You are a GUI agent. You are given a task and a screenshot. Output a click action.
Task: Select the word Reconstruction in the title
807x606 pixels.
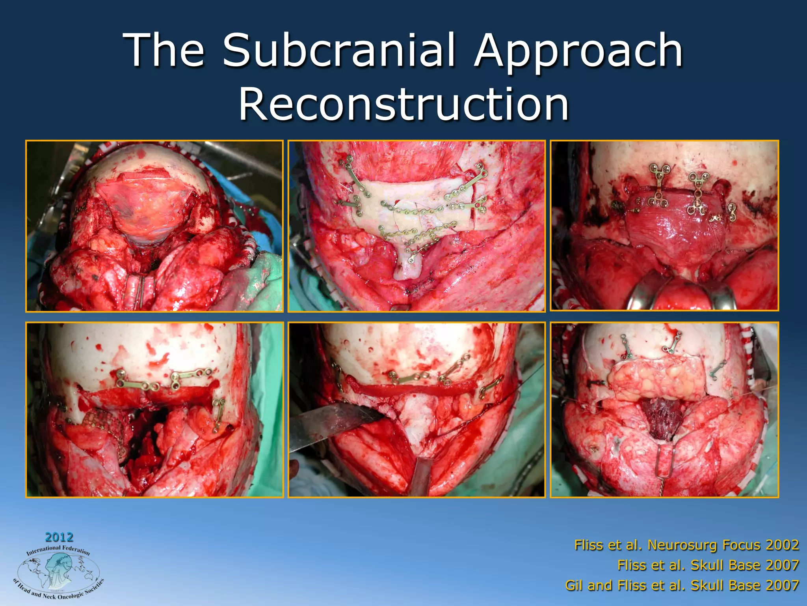tap(403, 105)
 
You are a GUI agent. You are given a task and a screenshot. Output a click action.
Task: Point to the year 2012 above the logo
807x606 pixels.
tap(59, 537)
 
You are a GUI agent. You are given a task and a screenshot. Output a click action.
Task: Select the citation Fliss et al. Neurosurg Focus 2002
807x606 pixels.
tap(686, 545)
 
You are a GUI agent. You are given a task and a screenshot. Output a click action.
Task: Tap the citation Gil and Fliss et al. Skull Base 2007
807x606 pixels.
tap(682, 585)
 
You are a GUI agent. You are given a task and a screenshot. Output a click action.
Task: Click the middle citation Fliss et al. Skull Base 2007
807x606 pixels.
tap(708, 565)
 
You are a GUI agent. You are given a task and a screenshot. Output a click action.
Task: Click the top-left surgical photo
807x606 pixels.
tap(154, 226)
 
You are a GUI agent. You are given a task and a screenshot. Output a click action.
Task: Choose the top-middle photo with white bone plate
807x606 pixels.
tap(417, 226)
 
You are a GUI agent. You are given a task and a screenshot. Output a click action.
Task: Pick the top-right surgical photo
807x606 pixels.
tap(664, 226)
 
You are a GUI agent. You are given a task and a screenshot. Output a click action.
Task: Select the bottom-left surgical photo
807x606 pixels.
tap(154, 410)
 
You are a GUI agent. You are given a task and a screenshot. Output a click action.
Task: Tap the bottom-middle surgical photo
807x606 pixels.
tap(417, 410)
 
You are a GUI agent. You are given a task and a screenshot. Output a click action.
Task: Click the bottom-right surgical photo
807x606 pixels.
tap(664, 410)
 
